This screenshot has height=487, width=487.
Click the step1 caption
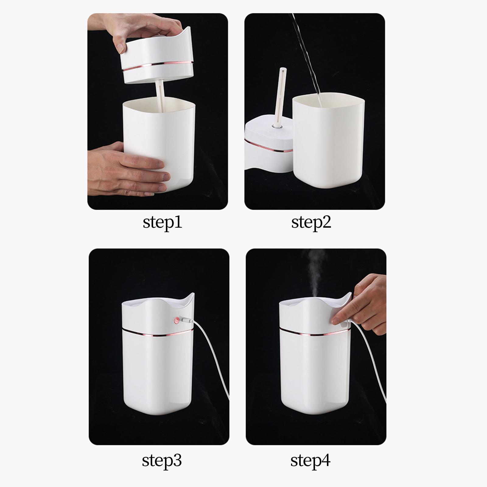[162, 222]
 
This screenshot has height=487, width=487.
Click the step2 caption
[311, 222]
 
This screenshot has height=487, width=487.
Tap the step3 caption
[162, 461]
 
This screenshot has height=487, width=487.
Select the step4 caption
[310, 461]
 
